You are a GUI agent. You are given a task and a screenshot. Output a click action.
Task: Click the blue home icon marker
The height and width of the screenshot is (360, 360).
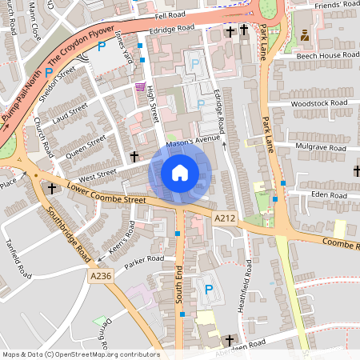tap(180, 172)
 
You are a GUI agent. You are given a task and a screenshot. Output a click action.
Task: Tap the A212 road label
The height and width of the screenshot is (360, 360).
tap(226, 218)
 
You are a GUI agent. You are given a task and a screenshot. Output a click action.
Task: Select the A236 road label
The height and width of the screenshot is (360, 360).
tap(101, 276)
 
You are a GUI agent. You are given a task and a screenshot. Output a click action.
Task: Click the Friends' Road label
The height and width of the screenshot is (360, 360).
tap(336, 6)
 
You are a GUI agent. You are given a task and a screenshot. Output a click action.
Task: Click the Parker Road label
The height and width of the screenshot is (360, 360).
tap(144, 259)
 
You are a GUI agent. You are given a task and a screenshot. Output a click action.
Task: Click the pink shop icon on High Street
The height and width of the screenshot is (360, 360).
tap(140, 86)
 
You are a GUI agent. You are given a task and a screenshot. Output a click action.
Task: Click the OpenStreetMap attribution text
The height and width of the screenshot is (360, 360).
tap(80, 354)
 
